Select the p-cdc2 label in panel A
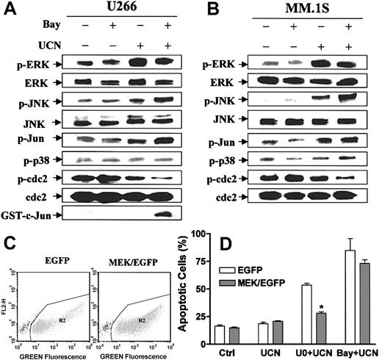(30, 176)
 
